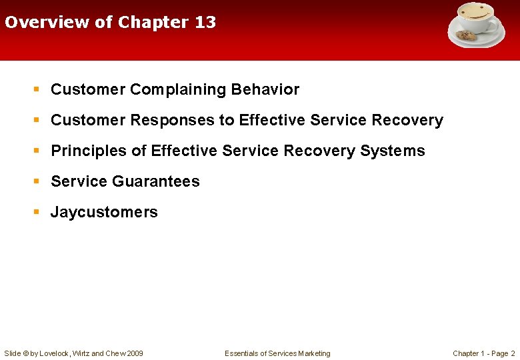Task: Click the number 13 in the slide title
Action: [x=205, y=22]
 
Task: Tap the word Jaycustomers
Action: [x=104, y=212]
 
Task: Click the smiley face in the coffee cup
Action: [x=475, y=13]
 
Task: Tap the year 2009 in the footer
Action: [x=133, y=353]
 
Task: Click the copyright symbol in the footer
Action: [x=25, y=353]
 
